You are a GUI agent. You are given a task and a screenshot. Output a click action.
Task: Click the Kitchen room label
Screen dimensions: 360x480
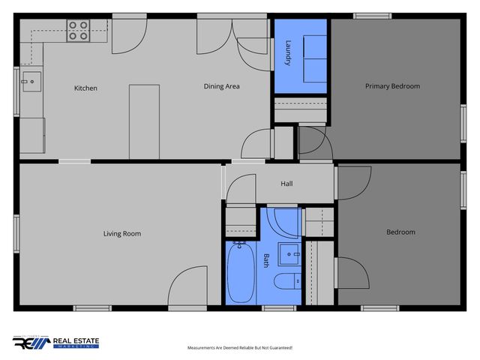[x=85, y=88]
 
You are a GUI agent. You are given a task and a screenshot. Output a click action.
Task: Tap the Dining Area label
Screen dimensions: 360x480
[x=221, y=86]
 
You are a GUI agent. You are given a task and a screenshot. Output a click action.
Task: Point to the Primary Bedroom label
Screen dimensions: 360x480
[x=392, y=86]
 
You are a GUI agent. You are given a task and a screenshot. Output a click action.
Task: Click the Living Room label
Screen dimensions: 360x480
[x=122, y=234]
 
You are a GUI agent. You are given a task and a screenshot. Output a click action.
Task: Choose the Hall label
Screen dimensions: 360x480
[x=286, y=184]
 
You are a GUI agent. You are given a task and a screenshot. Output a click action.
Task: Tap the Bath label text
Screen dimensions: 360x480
[x=266, y=261]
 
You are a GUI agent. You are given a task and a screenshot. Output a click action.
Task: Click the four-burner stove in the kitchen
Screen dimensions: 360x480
[x=78, y=30]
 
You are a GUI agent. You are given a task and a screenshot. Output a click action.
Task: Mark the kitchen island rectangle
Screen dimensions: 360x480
[x=144, y=120]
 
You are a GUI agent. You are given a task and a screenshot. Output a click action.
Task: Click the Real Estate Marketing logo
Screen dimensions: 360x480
[x=56, y=343]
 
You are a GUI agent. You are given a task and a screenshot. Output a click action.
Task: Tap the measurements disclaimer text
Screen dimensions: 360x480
[x=239, y=348]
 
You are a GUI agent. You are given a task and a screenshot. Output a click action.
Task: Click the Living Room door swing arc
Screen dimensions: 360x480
[x=186, y=285]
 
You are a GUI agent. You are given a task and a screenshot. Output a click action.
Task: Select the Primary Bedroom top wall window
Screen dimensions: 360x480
[x=372, y=16]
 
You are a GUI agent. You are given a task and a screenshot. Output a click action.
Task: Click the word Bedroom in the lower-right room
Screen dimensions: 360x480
[x=400, y=232]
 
